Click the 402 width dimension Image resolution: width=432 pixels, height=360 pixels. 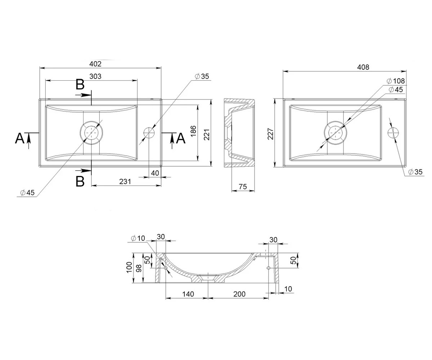95,64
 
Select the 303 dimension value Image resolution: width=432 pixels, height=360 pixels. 95,76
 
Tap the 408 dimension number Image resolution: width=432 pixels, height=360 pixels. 363,67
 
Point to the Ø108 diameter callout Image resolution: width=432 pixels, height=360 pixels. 395,81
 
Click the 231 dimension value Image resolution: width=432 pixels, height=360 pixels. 125,181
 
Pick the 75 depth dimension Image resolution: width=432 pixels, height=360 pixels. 243,186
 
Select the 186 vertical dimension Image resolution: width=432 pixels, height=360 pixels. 193,131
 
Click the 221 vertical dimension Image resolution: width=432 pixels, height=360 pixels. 207,135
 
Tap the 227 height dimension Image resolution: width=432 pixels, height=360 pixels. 270,134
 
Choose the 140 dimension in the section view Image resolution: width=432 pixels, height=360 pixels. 188,294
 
